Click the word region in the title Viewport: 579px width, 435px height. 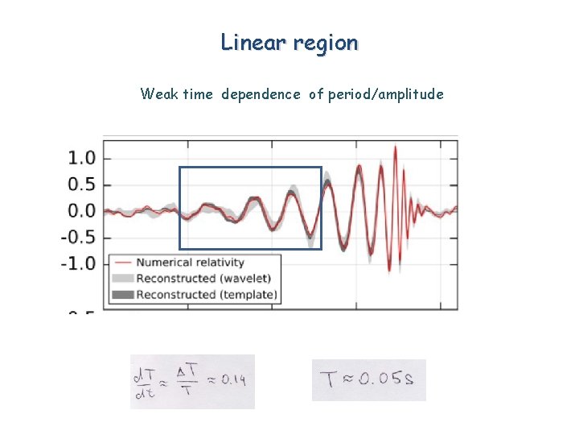pyautogui.click(x=326, y=43)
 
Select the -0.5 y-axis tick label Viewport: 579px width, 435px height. pyautogui.click(x=80, y=238)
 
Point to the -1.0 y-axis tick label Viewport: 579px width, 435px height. pyautogui.click(x=80, y=263)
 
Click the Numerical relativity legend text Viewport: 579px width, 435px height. pyautogui.click(x=190, y=263)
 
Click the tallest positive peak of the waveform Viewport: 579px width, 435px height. pyautogui.click(x=395, y=149)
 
